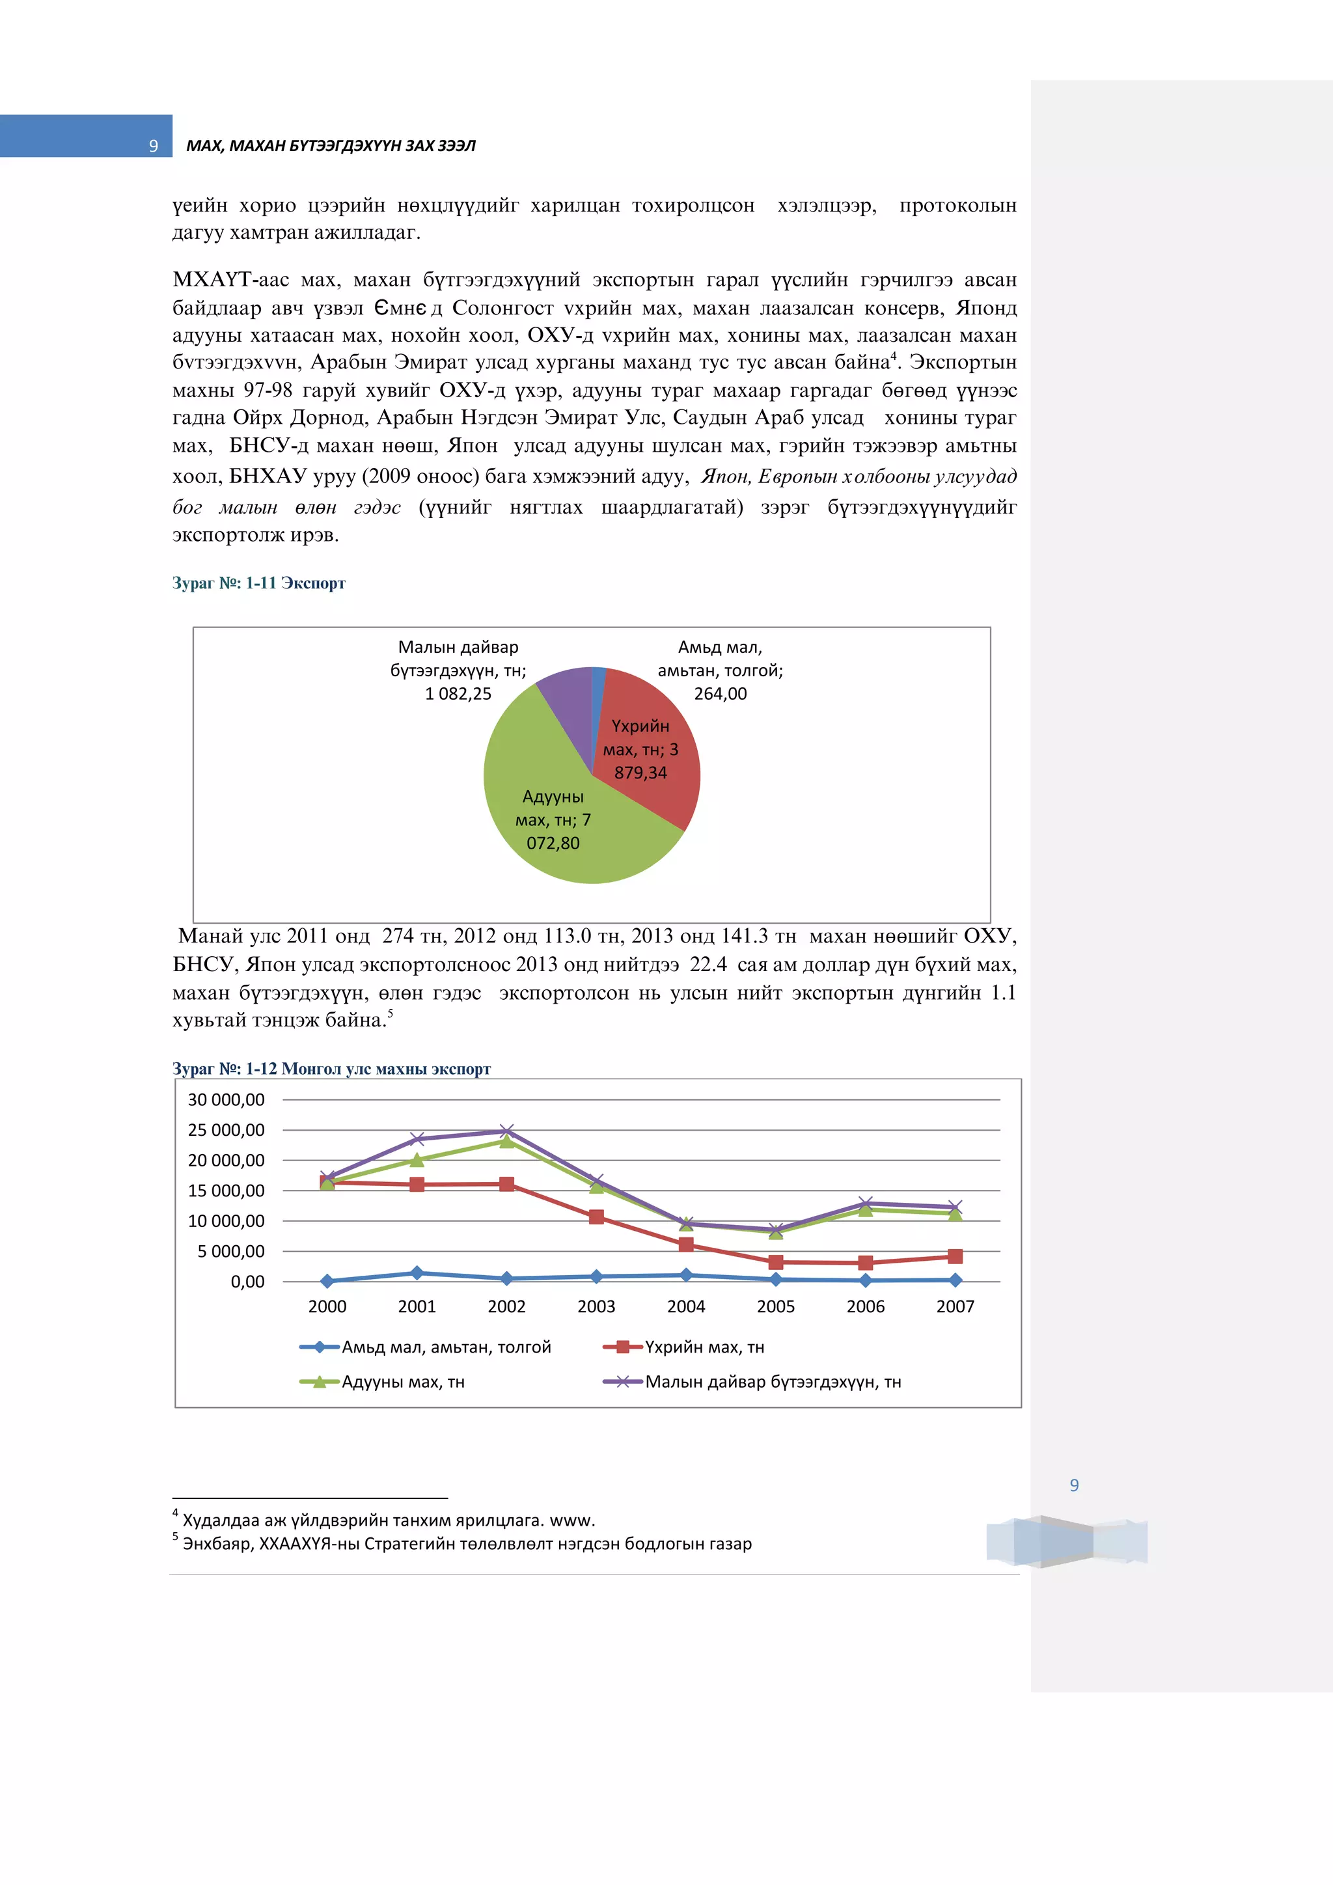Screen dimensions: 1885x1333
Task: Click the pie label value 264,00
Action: click(720, 694)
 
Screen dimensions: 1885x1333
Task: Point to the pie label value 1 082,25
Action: click(458, 694)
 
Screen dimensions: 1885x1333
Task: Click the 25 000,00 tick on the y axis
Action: click(226, 1130)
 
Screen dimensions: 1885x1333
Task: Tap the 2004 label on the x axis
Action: click(685, 1306)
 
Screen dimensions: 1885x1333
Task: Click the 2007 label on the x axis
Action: click(955, 1306)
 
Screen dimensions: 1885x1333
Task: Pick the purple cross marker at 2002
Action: click(506, 1131)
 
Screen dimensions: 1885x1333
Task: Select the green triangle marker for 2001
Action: click(417, 1159)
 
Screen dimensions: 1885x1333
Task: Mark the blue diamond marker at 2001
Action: click(417, 1273)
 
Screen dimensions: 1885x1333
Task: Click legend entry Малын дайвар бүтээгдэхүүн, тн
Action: click(771, 1382)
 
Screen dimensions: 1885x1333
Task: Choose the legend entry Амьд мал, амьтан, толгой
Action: click(446, 1347)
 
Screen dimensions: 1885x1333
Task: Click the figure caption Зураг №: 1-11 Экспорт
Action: click(258, 583)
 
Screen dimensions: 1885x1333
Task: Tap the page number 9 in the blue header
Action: click(153, 146)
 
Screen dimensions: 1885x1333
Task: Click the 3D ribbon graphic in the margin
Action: click(1066, 1541)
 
